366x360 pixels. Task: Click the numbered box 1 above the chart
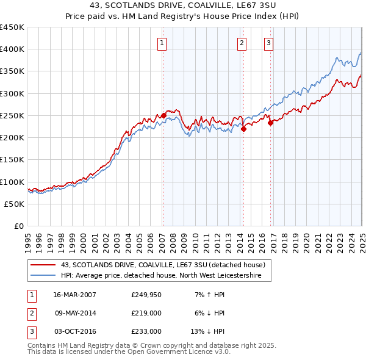pos(163,43)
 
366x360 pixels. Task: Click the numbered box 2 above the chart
pos(242,43)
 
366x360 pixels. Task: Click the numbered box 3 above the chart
pos(269,43)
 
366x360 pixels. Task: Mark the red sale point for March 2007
pos(163,115)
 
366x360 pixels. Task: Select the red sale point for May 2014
pos(243,129)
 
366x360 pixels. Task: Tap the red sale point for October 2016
pos(270,123)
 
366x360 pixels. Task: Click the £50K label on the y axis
pos(14,204)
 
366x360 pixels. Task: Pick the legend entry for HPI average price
pos(160,276)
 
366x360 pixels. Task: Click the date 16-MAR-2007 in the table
pos(74,295)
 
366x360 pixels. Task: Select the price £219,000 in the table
pos(146,313)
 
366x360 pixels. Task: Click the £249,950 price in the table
pos(146,295)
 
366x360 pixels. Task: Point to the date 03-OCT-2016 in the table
pos(74,331)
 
